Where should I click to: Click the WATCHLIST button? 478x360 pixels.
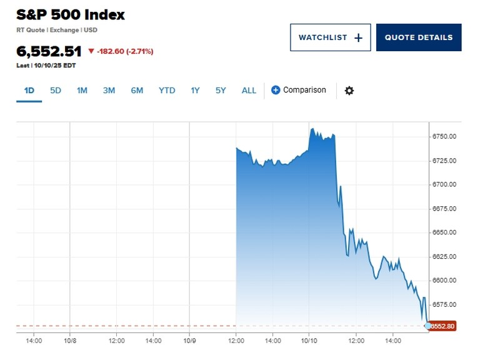(330, 37)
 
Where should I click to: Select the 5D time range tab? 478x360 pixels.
(56, 90)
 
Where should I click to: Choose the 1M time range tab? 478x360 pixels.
(82, 90)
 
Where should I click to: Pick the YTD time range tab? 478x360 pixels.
(167, 90)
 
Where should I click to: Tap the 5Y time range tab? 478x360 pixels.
(221, 90)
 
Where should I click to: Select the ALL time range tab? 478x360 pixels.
(249, 90)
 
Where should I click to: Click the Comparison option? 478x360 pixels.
(299, 90)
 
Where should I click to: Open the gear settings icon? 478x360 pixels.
(349, 91)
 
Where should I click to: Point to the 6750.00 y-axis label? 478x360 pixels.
(444, 137)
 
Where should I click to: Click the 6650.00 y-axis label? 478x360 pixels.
(444, 232)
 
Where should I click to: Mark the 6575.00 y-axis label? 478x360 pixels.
(444, 304)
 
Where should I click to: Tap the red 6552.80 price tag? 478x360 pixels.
(443, 326)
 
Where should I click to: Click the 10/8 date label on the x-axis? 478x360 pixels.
(70, 341)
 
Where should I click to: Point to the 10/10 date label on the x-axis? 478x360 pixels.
(310, 341)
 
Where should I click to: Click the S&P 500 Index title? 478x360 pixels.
(71, 15)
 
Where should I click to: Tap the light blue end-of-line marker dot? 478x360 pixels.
(428, 326)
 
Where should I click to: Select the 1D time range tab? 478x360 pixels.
(29, 90)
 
